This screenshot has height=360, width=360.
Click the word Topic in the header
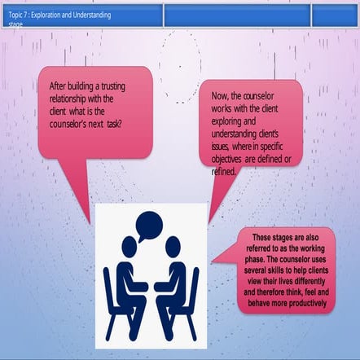click(x=15, y=15)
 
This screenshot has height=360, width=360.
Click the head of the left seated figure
click(x=130, y=247)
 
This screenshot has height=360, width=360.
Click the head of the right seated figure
click(x=173, y=246)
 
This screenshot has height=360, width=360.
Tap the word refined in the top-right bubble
click(x=223, y=172)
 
